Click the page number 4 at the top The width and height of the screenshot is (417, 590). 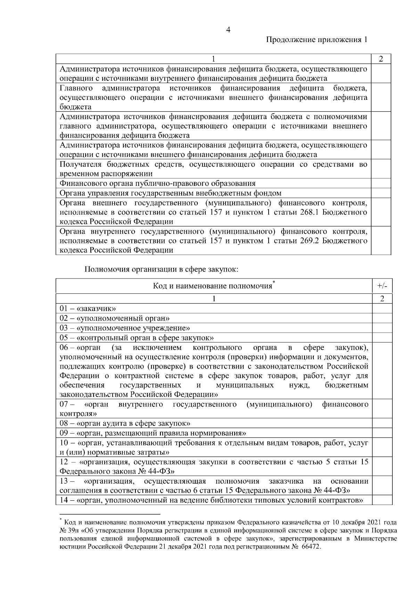click(228, 30)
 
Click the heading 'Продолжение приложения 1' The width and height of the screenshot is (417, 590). click(317, 40)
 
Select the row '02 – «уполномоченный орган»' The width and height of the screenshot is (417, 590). click(114, 318)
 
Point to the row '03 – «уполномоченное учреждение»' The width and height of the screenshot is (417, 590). click(125, 328)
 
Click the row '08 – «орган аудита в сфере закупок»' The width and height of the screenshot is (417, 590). click(125, 423)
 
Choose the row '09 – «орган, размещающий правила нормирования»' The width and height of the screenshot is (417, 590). click(153, 433)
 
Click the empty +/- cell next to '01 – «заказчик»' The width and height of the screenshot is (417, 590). click(382, 308)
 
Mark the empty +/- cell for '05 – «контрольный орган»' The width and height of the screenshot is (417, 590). click(382, 338)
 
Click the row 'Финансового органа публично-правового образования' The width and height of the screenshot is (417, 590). click(157, 183)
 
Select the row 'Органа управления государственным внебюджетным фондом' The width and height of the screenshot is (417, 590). click(170, 193)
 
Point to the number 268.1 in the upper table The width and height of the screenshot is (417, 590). click(309, 212)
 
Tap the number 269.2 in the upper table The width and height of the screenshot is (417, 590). click(309, 241)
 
